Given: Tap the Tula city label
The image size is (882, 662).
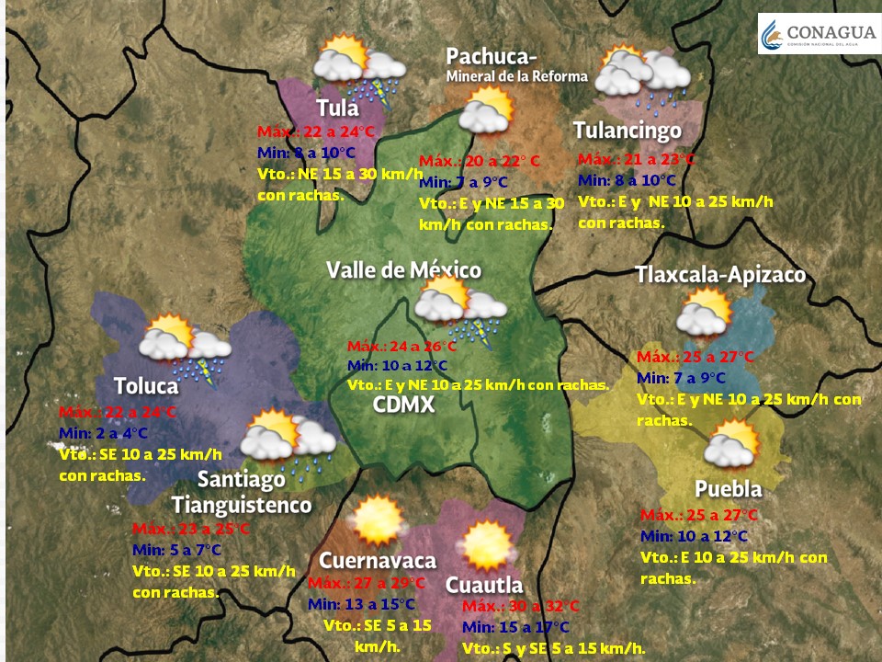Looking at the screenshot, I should [337, 108].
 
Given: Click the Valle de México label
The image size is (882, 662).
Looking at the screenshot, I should [404, 269].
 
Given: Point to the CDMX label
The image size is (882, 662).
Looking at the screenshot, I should [403, 405].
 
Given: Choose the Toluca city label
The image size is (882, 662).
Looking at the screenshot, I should [146, 384].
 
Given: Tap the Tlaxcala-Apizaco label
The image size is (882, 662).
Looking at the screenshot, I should [720, 274].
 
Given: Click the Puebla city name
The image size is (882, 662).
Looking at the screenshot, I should [728, 488].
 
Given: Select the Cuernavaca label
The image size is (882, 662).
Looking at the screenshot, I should [377, 560].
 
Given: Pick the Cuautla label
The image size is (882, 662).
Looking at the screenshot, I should [484, 585].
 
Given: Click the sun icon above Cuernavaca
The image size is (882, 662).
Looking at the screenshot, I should [376, 520].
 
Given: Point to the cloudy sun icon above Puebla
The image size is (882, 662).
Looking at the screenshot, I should [731, 444].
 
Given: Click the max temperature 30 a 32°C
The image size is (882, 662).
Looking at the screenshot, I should [520, 607].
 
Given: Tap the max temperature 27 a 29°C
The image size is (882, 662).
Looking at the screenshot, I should [367, 584].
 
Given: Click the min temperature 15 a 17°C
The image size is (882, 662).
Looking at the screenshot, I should [515, 627].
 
